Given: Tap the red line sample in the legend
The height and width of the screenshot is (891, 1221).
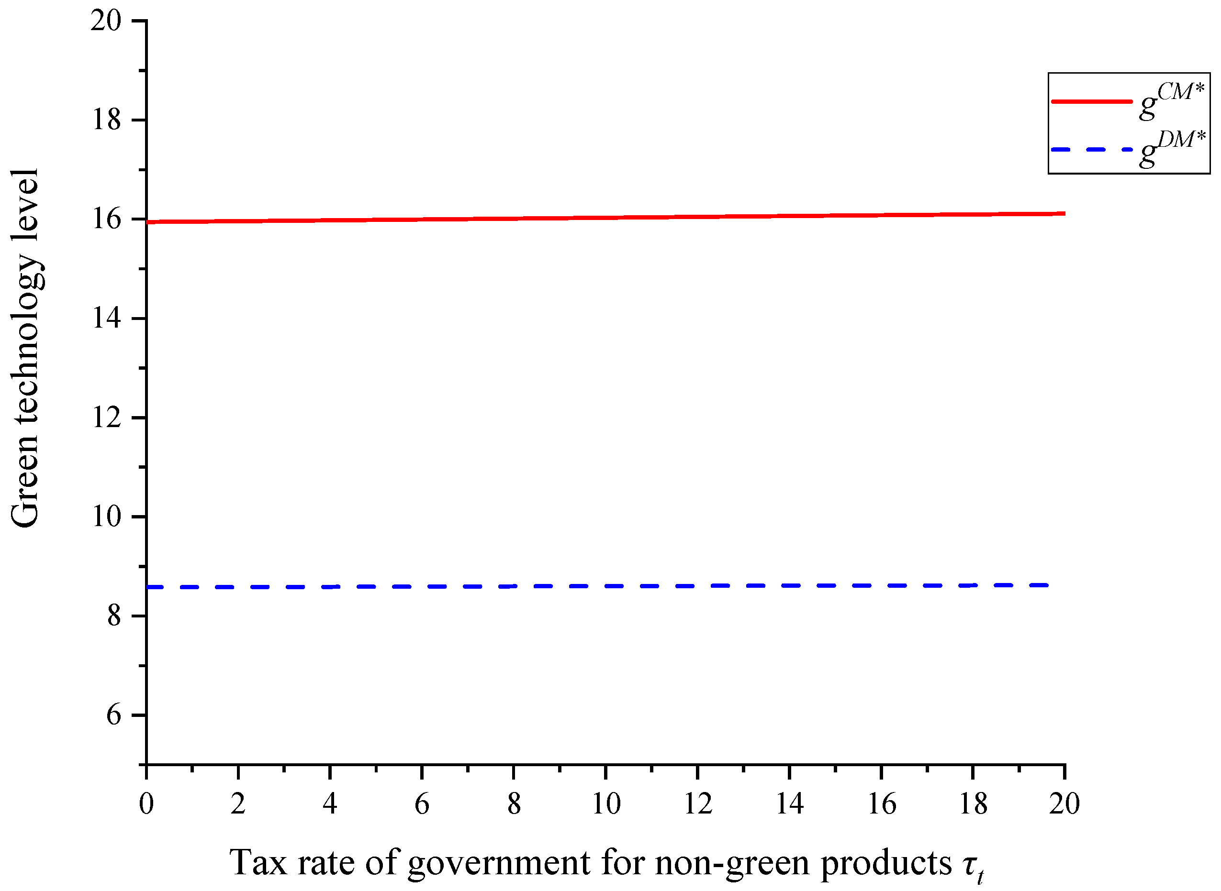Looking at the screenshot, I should tap(1090, 101).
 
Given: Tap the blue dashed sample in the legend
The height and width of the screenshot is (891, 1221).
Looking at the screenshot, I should tap(1090, 149).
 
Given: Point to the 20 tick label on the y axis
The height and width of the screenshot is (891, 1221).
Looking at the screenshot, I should tap(106, 21).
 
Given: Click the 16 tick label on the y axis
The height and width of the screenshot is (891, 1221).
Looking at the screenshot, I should tap(106, 220).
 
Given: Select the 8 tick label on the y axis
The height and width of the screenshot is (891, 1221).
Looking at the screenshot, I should tap(113, 616).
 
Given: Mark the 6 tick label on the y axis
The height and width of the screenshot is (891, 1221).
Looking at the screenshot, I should tap(113, 715).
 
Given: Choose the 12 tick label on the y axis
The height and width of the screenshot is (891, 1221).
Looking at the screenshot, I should tap(106, 418).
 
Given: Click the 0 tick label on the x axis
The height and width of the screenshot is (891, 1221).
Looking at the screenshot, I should tap(146, 803).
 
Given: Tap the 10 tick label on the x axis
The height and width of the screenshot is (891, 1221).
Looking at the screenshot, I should tap(605, 803).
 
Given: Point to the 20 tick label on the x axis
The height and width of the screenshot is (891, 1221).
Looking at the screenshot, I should tap(1064, 803).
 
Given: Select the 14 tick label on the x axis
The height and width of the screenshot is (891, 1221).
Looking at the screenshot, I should tap(789, 803).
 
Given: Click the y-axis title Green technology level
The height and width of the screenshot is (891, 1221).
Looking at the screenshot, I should tap(25, 348).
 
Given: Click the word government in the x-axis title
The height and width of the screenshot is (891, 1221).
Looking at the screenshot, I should tap(498, 863).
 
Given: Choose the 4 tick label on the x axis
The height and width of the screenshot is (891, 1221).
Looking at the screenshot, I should tap(330, 803).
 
